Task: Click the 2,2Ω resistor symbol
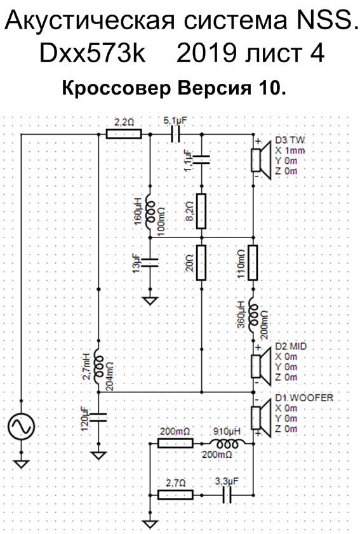coord(124,134)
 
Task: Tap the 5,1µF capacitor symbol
coord(175,134)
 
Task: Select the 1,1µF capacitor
coord(201,159)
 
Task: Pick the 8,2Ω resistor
coord(201,211)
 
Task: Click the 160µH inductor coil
coord(150,212)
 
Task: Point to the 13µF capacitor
coord(150,262)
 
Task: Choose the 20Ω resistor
coord(201,263)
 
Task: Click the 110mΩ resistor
coord(253,263)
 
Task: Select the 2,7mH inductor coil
coord(99,366)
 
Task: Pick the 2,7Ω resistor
coord(175,495)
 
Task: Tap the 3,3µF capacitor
coord(227,495)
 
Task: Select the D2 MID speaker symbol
coord(260,366)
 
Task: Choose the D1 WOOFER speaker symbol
coord(260,418)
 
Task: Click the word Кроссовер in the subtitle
coord(116,89)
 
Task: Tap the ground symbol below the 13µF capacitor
coord(150,301)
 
